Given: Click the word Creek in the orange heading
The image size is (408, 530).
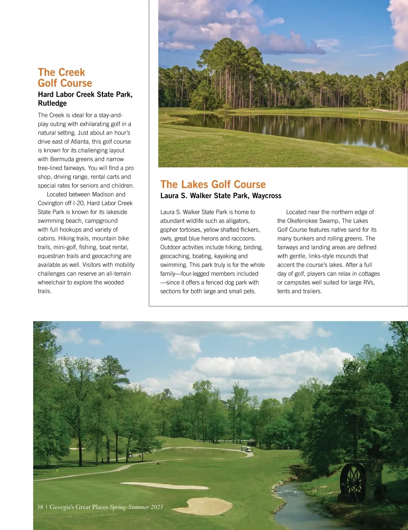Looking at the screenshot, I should click(71, 72).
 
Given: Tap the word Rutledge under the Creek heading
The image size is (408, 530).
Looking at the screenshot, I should click(52, 103).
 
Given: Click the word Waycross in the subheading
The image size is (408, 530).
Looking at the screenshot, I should click(267, 196).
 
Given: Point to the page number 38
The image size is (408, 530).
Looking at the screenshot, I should click(40, 507).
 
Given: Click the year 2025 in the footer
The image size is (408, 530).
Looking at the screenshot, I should click(157, 507).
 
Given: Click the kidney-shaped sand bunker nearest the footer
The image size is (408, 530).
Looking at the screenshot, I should click(208, 506).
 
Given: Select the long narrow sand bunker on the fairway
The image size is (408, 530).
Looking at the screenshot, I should click(165, 485).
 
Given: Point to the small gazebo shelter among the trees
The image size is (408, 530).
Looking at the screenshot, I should click(251, 442).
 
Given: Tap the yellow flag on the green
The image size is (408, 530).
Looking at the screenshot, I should click(57, 470).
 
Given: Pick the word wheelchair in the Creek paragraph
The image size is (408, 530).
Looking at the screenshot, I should click(52, 282).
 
